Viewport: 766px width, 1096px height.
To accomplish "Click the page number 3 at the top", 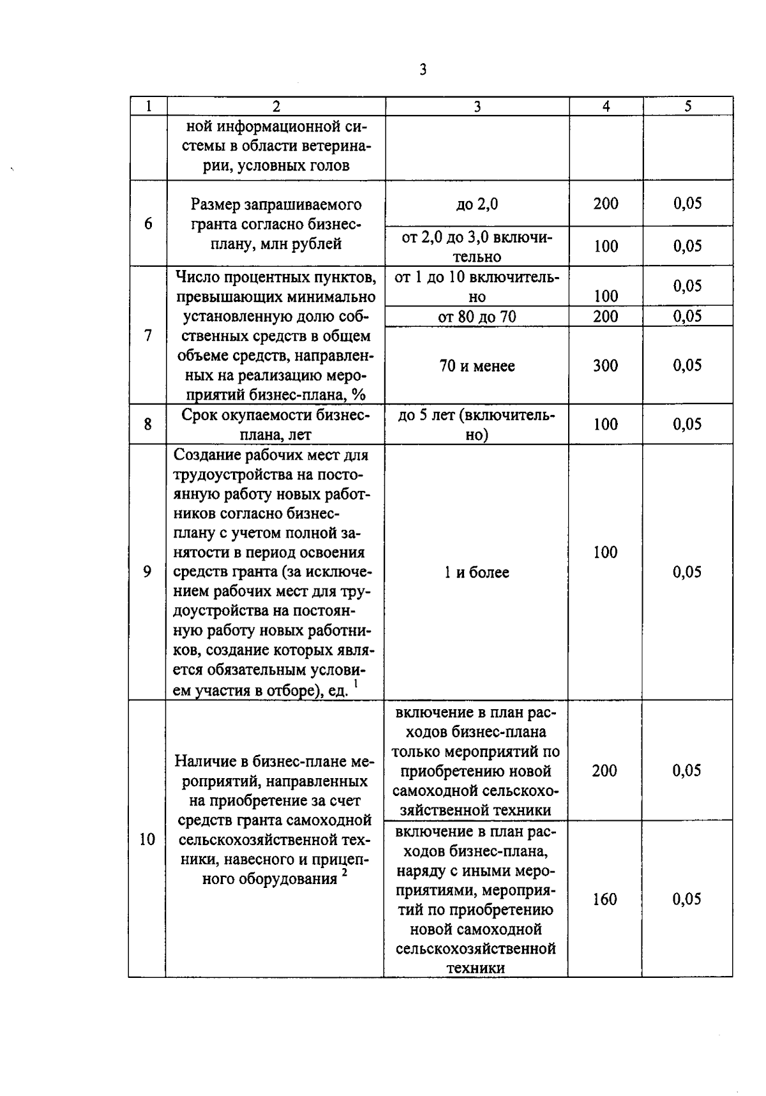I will (x=423, y=70).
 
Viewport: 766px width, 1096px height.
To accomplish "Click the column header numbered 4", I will (x=606, y=107).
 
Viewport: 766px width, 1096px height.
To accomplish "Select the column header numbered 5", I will (x=687, y=107).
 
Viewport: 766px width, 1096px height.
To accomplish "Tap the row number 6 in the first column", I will (x=148, y=223).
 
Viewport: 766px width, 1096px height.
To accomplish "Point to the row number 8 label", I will (x=148, y=424).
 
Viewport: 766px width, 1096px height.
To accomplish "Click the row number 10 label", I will (x=147, y=839).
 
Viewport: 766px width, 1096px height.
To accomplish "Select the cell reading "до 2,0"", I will (x=477, y=204).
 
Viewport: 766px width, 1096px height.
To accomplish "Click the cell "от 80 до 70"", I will (x=477, y=317).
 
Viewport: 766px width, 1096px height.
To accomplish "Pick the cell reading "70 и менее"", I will (x=477, y=366).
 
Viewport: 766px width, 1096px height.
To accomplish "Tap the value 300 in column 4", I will (x=605, y=365).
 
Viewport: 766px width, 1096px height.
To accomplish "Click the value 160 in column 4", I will (x=605, y=899).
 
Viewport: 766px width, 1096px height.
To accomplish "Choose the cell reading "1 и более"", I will (x=477, y=573).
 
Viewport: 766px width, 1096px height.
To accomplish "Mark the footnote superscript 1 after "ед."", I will (x=356, y=684).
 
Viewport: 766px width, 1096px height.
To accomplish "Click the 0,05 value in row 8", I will (x=687, y=424).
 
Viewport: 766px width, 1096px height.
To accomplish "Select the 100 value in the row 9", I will (x=605, y=552).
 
